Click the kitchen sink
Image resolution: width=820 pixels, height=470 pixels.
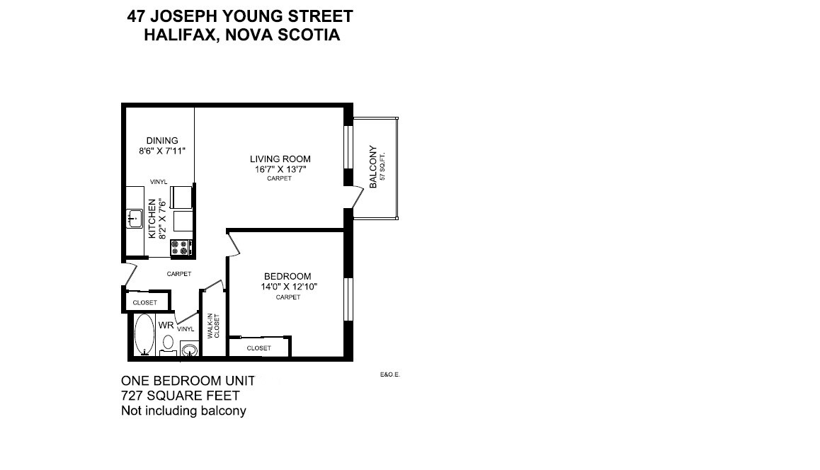(135, 219)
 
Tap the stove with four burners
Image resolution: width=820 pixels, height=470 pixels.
(181, 248)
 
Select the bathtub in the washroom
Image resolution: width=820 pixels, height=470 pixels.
(144, 334)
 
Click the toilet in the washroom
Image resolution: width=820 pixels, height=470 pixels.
(168, 343)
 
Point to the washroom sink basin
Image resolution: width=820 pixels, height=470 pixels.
(189, 350)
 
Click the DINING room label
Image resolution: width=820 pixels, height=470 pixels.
(162, 140)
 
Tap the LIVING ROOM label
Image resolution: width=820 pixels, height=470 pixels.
(280, 159)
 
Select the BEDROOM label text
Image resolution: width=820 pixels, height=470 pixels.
(287, 276)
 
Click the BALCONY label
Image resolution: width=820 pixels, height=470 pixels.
(373, 168)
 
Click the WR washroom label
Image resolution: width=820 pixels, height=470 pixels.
(166, 326)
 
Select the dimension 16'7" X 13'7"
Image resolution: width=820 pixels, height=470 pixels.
(280, 169)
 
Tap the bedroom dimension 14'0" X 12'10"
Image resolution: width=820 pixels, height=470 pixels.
(288, 287)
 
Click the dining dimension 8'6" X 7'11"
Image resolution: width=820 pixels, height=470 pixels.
(162, 151)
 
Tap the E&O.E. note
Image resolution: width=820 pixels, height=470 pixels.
(390, 375)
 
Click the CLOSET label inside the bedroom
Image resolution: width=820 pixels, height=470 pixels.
(259, 348)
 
